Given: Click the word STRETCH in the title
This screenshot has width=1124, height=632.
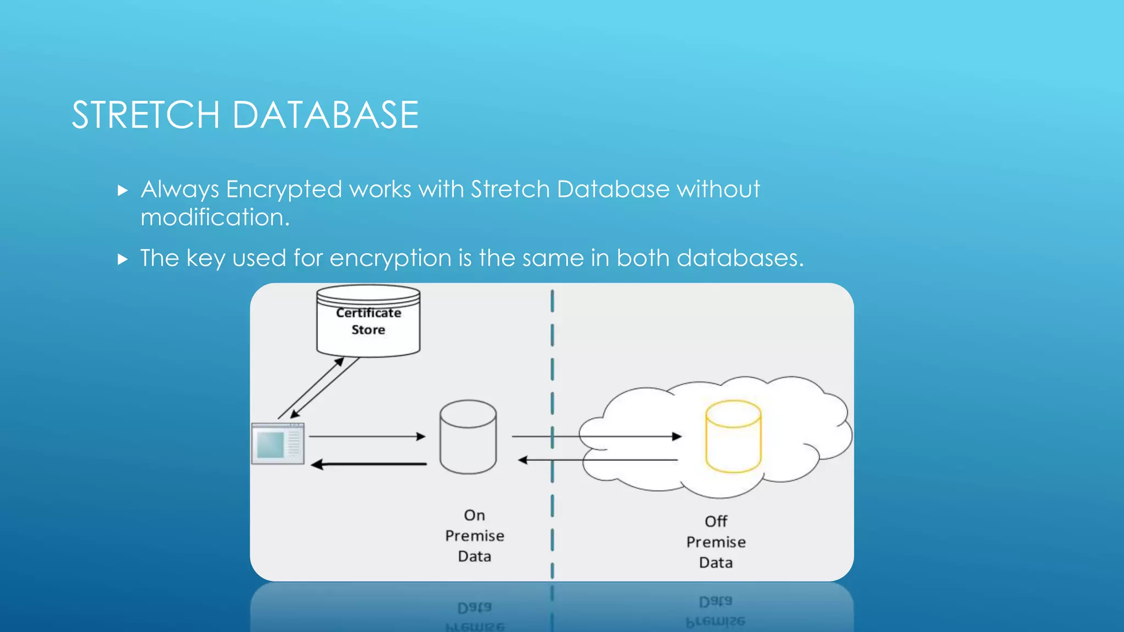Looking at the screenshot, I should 145,115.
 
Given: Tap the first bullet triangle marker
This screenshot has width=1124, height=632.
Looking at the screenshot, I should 122,191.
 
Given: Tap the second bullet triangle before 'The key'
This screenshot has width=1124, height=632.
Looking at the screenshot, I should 122,259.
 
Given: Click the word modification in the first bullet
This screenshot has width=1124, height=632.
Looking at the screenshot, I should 214,218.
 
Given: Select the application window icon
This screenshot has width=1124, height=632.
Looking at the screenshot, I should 278,444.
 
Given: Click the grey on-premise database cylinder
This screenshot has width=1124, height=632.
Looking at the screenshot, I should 468,437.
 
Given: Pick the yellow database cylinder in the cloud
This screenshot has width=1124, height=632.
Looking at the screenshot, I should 733,437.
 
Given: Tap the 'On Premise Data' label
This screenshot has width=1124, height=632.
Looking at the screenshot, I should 474,535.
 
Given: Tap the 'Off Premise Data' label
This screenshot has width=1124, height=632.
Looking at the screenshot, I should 716,542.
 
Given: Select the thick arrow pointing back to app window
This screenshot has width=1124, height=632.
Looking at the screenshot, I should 369,465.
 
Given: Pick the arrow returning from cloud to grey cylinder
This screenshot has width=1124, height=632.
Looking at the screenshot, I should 598,460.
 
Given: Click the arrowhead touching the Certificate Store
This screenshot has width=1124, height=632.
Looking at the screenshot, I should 340,362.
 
